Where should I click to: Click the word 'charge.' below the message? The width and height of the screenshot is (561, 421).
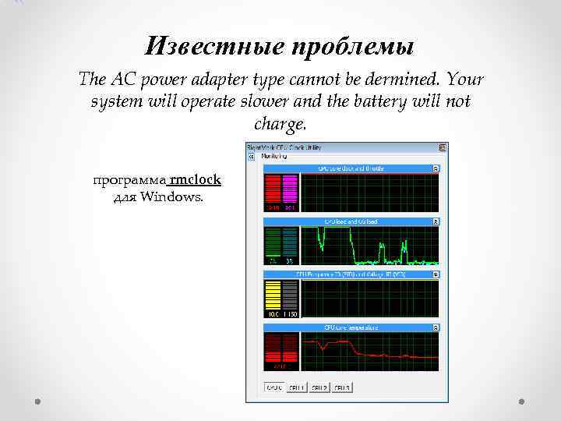click(x=280, y=125)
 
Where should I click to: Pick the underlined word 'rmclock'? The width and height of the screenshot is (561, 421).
click(x=195, y=180)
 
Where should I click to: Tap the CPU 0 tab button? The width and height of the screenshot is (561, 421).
click(x=274, y=387)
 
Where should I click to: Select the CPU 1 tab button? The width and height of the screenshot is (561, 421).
click(x=297, y=387)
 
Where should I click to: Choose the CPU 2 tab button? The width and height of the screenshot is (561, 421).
click(x=319, y=387)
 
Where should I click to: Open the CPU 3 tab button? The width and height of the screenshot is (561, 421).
click(x=342, y=387)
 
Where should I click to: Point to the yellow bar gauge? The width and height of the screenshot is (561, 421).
click(x=273, y=295)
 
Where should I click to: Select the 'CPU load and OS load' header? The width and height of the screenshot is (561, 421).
click(x=351, y=222)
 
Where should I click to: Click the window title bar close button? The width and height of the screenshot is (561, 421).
click(x=443, y=147)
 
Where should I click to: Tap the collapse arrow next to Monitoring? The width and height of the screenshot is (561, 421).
click(x=252, y=157)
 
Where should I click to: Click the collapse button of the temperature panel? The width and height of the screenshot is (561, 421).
click(x=436, y=328)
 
